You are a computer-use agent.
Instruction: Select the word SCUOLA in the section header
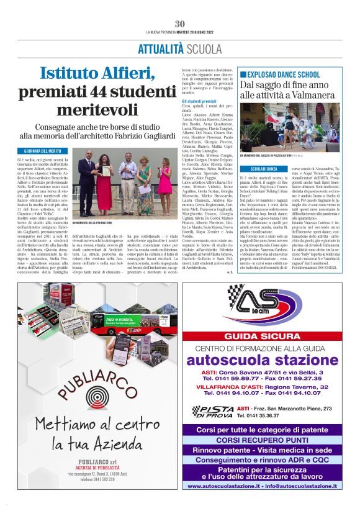(187, 49)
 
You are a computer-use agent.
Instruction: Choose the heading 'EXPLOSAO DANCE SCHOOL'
(278, 75)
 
